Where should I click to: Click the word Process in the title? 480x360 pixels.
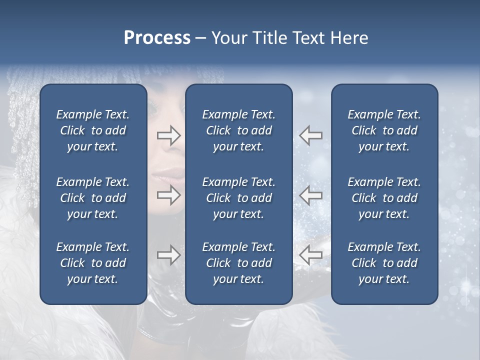pos(157,38)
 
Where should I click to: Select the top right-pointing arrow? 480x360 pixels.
pos(168,135)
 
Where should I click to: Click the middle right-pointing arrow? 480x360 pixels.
pos(168,195)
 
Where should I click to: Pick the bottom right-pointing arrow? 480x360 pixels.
pos(168,255)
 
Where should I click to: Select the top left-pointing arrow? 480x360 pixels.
pos(310,135)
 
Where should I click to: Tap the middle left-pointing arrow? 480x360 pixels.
pos(310,195)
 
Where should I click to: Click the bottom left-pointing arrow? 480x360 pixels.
pos(310,255)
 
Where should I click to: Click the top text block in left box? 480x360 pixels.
pos(93,130)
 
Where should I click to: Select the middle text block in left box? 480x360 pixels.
pos(93,198)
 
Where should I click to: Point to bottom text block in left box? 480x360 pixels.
pos(93,263)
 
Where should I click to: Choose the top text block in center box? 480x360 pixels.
pos(238,130)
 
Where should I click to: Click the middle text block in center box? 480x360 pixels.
pos(238,198)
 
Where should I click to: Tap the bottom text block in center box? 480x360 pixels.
pos(238,263)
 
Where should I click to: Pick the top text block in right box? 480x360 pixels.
pos(384,130)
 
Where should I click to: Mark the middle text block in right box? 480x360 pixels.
pos(384,198)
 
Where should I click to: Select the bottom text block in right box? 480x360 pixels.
pos(384,263)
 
